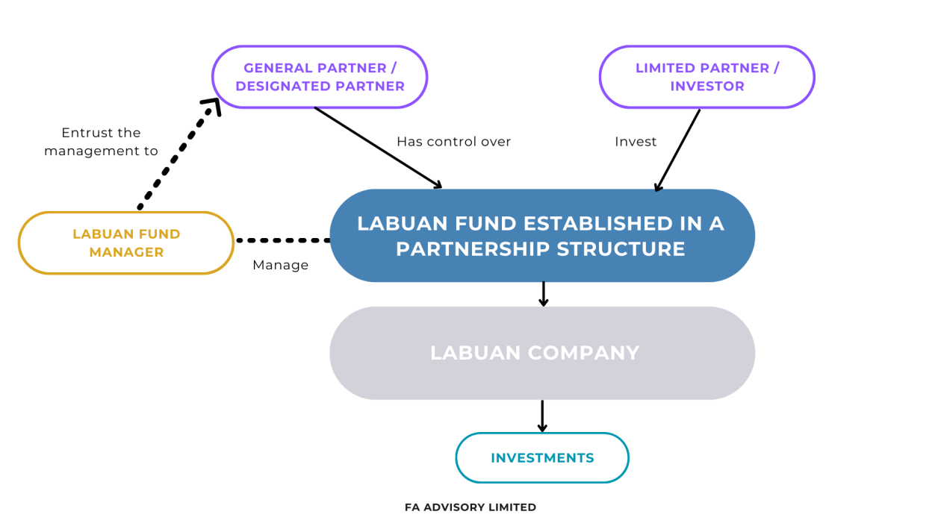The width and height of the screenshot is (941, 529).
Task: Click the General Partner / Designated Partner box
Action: pos(320,77)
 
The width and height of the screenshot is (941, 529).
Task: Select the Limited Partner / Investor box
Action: pos(706,77)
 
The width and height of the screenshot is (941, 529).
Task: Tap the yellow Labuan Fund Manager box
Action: pos(126,243)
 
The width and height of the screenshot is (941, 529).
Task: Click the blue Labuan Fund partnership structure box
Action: pos(541,236)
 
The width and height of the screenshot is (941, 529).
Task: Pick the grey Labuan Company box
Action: pos(541,353)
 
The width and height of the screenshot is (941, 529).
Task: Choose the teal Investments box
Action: pos(542,458)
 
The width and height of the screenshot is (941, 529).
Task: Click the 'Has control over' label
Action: pos(453,142)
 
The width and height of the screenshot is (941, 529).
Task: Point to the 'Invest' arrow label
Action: pos(636,142)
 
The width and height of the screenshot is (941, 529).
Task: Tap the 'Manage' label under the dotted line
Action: pos(280,265)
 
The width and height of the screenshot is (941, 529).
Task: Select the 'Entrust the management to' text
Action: pos(101,142)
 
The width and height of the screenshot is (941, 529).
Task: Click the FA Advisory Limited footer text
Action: pos(470,507)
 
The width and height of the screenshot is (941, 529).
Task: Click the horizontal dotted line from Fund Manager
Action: pos(282,240)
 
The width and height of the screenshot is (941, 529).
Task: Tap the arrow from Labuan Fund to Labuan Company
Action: pos(543,294)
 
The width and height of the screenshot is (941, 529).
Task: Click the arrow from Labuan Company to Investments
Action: pos(542,416)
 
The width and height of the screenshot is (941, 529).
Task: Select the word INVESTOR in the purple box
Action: pos(706,86)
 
